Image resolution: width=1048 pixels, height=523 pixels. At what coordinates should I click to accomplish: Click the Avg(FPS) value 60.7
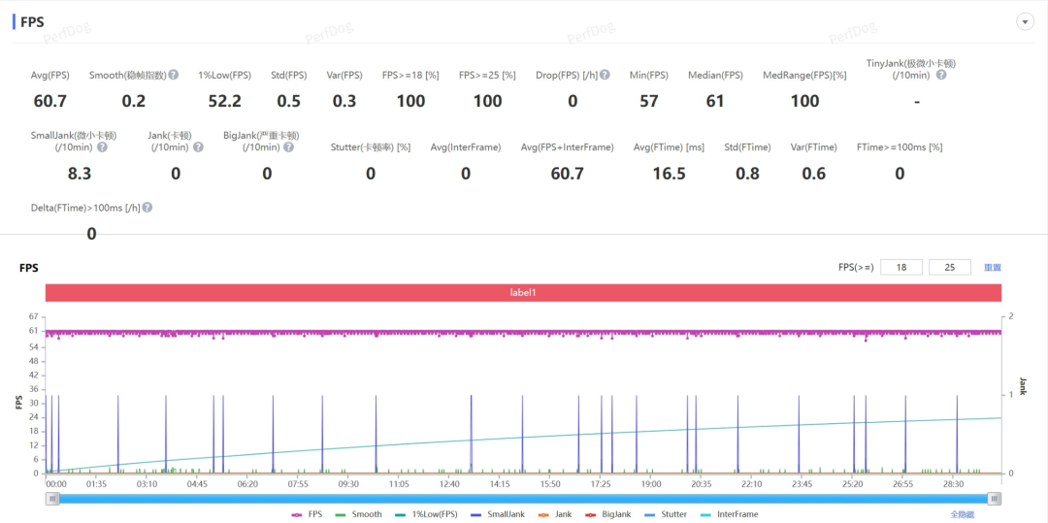coord(49,101)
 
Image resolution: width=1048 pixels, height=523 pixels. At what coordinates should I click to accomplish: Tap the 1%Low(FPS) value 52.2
coord(225,101)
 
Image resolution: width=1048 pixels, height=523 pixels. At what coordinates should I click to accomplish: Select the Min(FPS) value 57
coord(649,101)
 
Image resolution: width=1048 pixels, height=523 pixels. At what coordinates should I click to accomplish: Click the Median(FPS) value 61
coord(715,101)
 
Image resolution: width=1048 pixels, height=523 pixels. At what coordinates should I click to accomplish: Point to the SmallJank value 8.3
coord(80,174)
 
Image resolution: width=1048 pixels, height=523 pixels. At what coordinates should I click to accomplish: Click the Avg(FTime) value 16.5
coord(669,174)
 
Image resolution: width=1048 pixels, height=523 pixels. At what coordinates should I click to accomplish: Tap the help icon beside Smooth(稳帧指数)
coord(173,75)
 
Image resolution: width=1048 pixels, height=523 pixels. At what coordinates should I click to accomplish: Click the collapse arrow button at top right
coord(1024,21)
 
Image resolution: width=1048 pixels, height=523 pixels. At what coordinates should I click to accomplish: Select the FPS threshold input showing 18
coord(901,267)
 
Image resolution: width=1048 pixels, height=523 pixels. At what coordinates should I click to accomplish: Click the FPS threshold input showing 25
coord(949,267)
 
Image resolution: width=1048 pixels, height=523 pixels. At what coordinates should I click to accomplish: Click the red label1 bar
coord(523,292)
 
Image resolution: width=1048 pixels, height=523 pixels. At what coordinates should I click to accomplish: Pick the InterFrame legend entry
coord(729,514)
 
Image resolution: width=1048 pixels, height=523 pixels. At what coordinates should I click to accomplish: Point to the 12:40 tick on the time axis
coord(449,483)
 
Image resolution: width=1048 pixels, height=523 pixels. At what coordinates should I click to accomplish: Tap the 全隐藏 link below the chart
coord(963,514)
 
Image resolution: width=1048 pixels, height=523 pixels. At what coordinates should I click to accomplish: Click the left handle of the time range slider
coord(53,499)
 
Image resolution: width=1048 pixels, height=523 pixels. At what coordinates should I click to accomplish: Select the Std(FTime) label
coord(747,147)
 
